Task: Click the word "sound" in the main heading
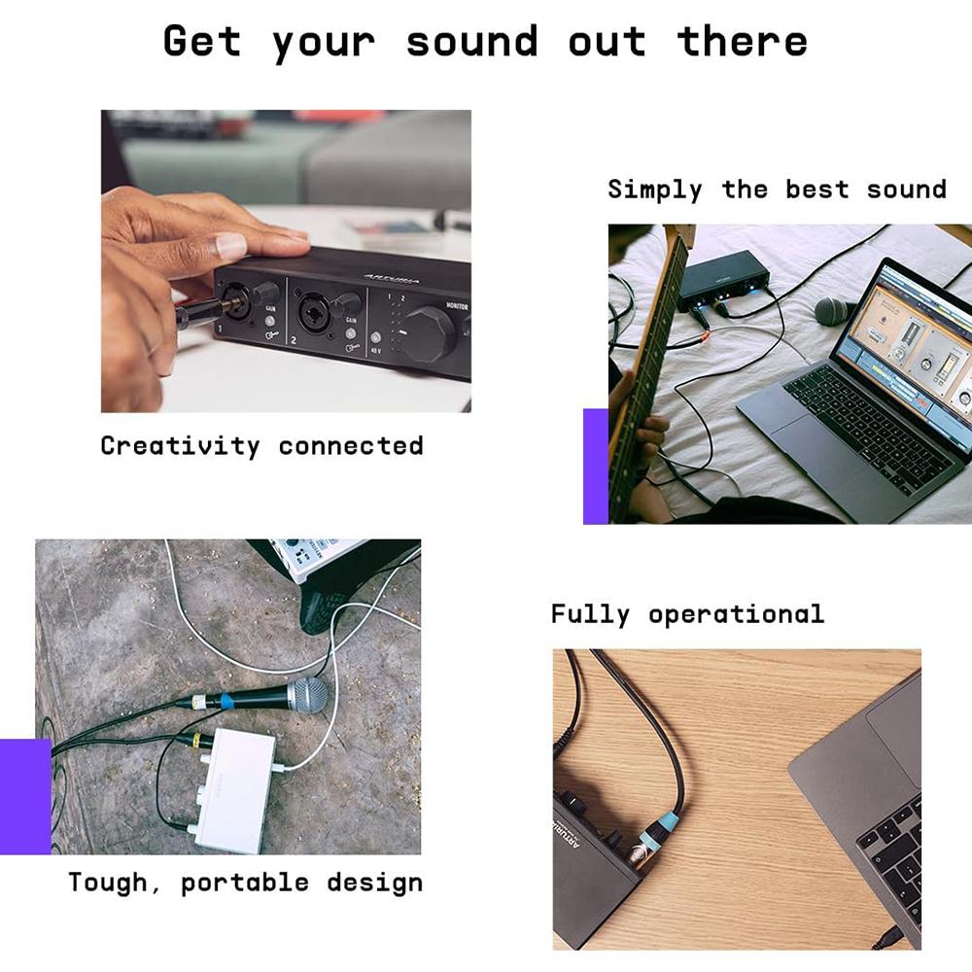[x=471, y=42]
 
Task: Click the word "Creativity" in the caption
[x=180, y=446]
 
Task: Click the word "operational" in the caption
[x=736, y=614]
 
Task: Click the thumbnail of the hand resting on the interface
[x=286, y=260]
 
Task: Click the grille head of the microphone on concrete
[x=308, y=694]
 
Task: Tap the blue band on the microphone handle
[x=225, y=700]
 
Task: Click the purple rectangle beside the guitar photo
[x=595, y=466]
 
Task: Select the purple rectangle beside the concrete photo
[x=25, y=796]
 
